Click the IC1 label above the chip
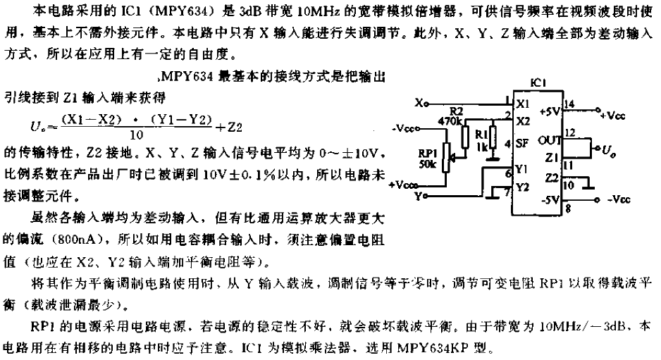(538, 82)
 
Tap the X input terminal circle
(426, 104)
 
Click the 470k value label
(452, 121)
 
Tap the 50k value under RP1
(428, 164)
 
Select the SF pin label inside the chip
(522, 143)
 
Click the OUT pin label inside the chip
(549, 140)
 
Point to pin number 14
(569, 104)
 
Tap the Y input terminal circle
(426, 196)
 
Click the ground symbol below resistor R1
(492, 159)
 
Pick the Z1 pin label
(551, 158)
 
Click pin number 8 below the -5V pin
(568, 209)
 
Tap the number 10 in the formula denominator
(137, 135)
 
